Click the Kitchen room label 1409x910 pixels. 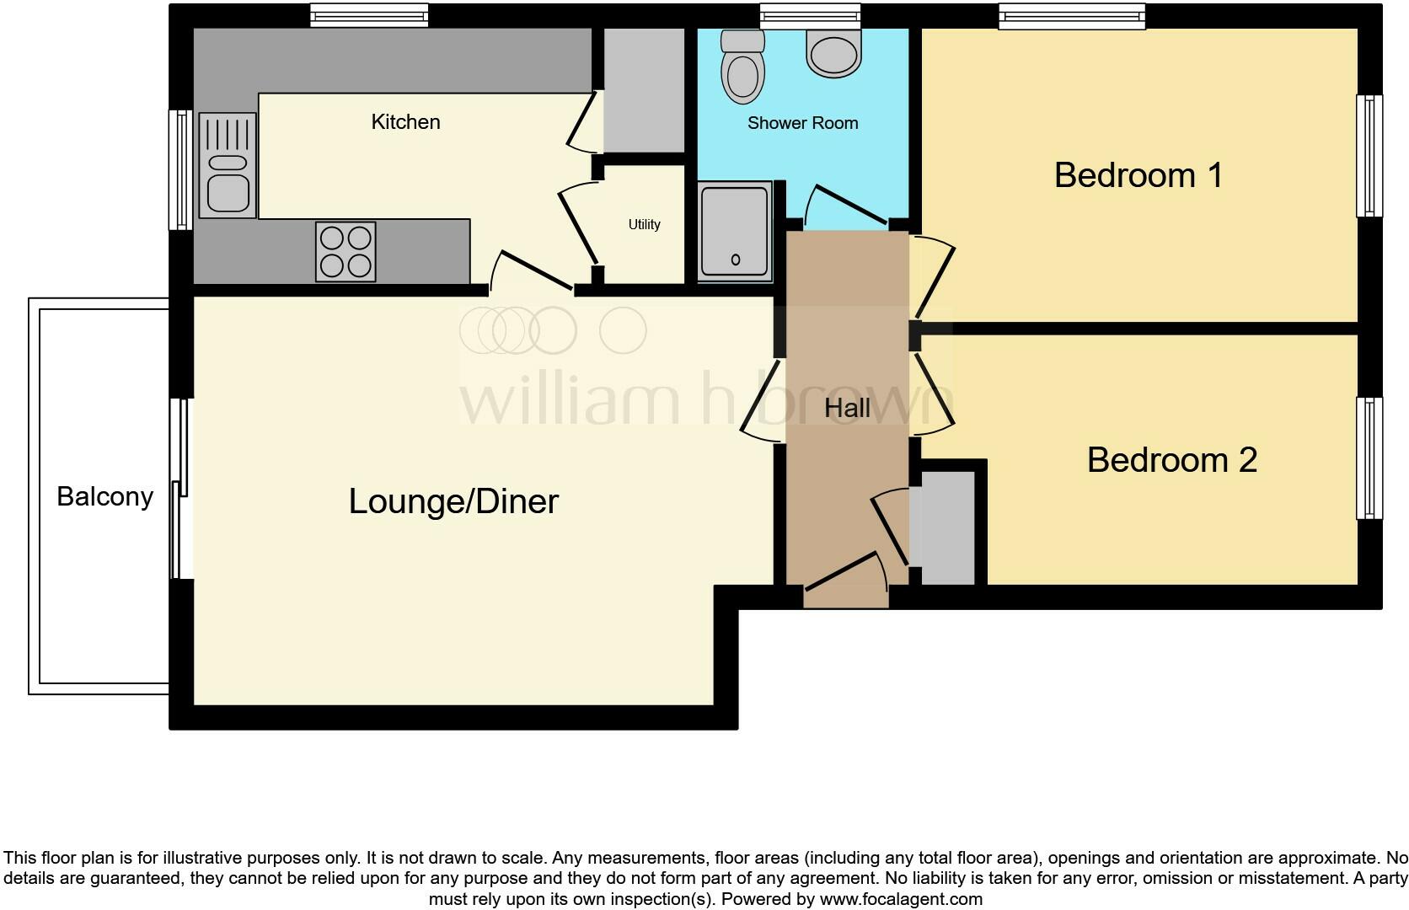click(x=405, y=122)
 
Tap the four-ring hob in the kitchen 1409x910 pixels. click(x=346, y=251)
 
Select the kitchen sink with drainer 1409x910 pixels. click(x=228, y=165)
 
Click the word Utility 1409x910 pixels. click(x=644, y=225)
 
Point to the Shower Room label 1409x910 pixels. click(x=802, y=123)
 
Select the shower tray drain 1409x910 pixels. click(x=735, y=260)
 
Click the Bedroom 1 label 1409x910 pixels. click(x=1138, y=175)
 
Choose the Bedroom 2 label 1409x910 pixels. click(x=1171, y=460)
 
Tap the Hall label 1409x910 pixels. click(x=847, y=409)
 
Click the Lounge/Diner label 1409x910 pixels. click(x=453, y=502)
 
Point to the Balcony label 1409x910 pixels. click(x=104, y=497)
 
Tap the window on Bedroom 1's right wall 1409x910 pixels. click(x=1369, y=156)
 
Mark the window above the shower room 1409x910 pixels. click(x=810, y=14)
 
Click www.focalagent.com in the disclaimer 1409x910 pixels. click(x=901, y=899)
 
